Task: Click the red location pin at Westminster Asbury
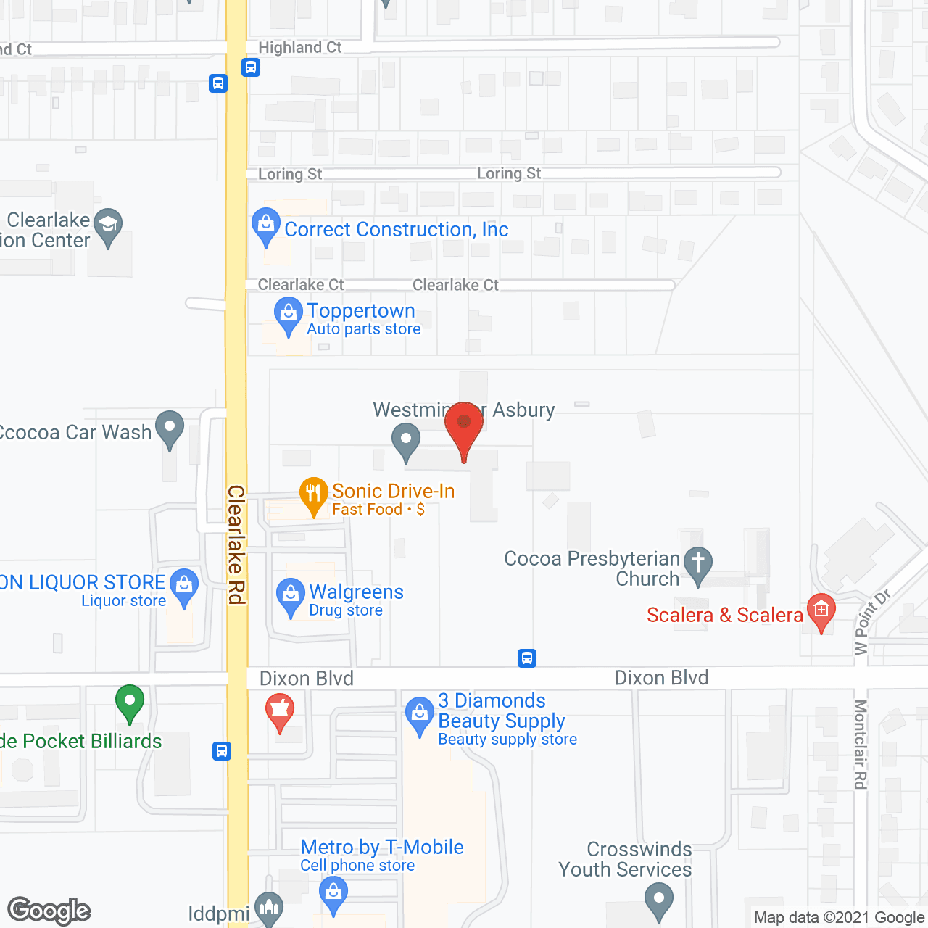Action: (x=464, y=424)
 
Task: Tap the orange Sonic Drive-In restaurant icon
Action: (x=313, y=494)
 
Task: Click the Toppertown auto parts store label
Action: (x=361, y=311)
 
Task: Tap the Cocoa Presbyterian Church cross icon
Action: (x=698, y=563)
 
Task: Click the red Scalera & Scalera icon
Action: (x=821, y=610)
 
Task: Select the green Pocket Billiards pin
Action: (x=130, y=702)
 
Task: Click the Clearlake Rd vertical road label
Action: (x=237, y=544)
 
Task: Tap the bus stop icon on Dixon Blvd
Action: (x=527, y=658)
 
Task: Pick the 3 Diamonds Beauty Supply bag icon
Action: (x=419, y=713)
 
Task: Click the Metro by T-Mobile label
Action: (x=382, y=847)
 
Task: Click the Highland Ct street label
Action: (x=299, y=48)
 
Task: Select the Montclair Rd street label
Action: (x=861, y=744)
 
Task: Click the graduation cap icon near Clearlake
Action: (x=108, y=225)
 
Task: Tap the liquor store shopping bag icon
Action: (x=184, y=585)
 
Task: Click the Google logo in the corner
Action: (x=49, y=911)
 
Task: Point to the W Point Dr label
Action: (x=871, y=622)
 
